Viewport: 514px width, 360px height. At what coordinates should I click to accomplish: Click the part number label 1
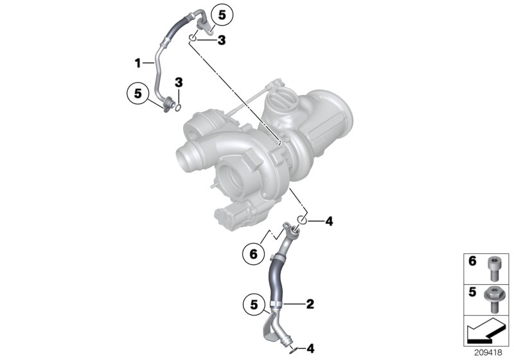click(x=137, y=62)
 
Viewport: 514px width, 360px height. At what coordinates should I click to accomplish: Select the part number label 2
click(x=310, y=304)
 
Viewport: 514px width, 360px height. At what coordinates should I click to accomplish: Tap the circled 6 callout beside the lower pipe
click(x=254, y=255)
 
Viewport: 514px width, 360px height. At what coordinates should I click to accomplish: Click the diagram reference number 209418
click(x=488, y=353)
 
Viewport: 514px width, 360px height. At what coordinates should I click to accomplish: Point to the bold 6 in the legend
click(x=472, y=261)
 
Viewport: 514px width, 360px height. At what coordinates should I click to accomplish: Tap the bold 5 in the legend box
click(x=472, y=292)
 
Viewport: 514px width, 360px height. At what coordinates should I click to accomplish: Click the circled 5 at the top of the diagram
click(x=222, y=15)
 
